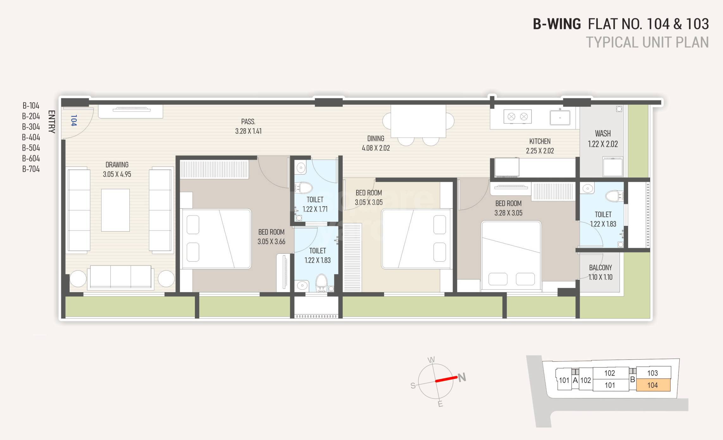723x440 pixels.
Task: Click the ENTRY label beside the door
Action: coord(52,122)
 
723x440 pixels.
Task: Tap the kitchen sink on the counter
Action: coord(560,118)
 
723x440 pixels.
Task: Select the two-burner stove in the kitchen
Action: coord(517,117)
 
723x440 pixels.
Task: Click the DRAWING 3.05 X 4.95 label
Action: coord(117,169)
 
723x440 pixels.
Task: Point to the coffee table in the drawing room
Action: coord(115,210)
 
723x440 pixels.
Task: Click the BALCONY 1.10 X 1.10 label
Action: coord(600,272)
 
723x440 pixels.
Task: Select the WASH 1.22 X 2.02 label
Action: coord(603,139)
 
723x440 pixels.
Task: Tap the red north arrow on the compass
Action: coord(446,379)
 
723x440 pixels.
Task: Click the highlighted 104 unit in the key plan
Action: coord(653,385)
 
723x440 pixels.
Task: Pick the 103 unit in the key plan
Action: coord(653,373)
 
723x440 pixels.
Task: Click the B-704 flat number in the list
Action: coord(31,169)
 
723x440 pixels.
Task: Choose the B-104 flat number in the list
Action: coord(31,105)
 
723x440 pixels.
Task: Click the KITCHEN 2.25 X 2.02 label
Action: coord(540,146)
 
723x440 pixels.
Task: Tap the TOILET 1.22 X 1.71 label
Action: coord(315,204)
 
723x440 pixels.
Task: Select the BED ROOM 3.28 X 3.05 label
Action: coord(508,208)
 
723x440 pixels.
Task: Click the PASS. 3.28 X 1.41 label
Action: coord(248,126)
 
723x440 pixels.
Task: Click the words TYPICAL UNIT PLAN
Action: coord(647,42)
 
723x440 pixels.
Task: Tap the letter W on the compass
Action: coord(431,360)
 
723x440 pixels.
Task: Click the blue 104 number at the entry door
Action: coord(74,120)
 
